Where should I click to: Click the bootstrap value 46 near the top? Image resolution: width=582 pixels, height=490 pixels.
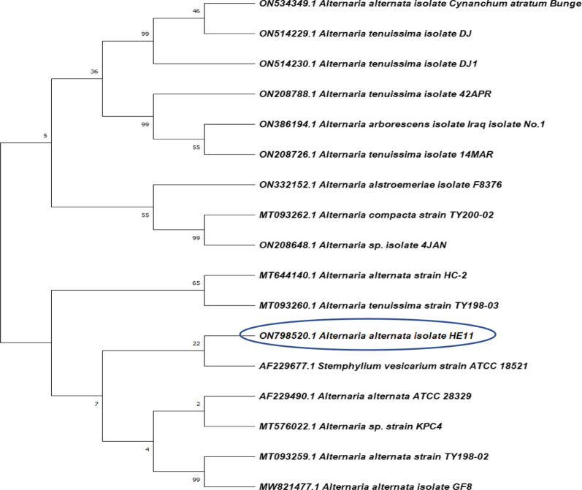[x=195, y=11]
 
